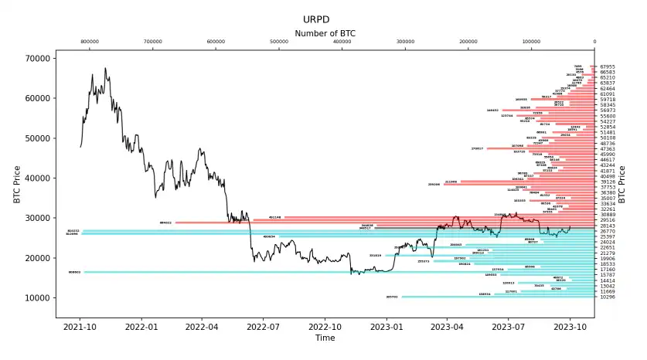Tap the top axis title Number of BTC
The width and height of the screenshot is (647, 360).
pos(325,33)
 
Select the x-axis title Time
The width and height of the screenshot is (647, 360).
pos(325,338)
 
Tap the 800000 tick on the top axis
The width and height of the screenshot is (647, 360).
pos(90,42)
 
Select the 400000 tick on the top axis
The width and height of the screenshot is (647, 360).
pos(342,42)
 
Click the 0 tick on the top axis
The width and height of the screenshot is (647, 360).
pos(594,42)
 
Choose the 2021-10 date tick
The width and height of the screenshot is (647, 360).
pos(80,327)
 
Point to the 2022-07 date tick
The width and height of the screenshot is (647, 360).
pos(262,327)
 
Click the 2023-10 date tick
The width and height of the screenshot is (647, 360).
pos(570,327)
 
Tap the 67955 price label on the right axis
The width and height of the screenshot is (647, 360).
pos(608,67)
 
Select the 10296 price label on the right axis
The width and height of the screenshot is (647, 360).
pos(608,297)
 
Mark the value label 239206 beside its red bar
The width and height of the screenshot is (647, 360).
pos(433,185)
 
